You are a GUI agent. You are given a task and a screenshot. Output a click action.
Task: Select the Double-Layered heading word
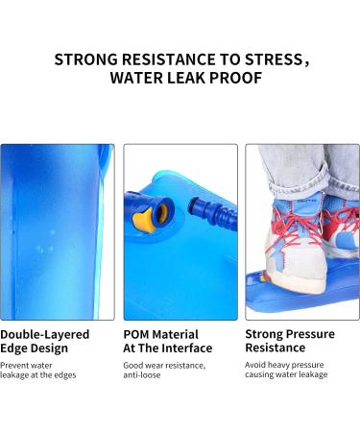pos(45,334)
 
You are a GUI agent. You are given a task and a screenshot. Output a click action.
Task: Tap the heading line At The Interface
pos(168,348)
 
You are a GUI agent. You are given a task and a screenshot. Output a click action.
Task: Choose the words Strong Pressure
pos(290,334)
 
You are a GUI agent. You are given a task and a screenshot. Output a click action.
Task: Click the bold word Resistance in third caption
pos(276,348)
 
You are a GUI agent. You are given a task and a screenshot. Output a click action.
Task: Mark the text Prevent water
pos(27,365)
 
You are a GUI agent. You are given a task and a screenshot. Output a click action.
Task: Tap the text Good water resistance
pos(164,365)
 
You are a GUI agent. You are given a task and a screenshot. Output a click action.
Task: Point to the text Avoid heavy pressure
pos(285,365)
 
